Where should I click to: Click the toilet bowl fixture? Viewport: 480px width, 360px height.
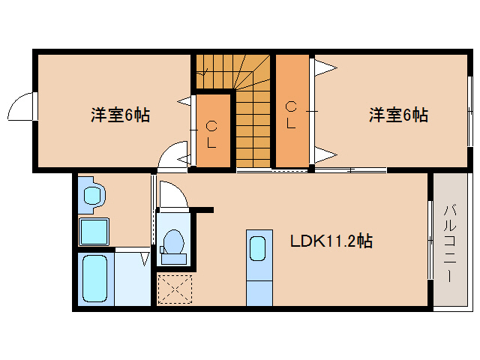point(172,241)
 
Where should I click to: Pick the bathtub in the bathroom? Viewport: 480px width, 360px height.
point(94,277)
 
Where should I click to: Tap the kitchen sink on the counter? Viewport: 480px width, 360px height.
point(257,247)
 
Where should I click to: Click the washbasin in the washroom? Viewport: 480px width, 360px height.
point(93,195)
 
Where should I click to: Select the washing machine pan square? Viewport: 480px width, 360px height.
point(94,232)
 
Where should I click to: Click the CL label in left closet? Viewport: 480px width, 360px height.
point(212,133)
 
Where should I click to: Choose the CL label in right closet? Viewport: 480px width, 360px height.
point(291,115)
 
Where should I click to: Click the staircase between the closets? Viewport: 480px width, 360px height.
point(250,112)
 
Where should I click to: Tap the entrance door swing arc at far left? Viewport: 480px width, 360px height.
point(20,108)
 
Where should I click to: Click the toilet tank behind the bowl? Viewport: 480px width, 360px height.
point(172,259)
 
